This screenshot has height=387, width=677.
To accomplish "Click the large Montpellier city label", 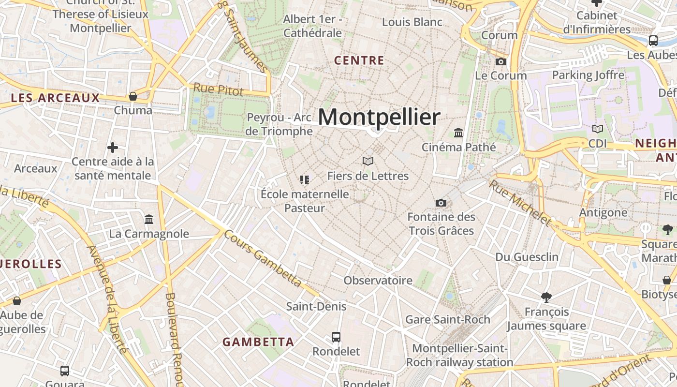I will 379,117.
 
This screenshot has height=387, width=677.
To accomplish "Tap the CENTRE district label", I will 359,61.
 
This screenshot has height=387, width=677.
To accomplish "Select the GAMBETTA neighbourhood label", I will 258,342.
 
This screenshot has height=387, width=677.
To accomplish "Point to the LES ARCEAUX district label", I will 55,98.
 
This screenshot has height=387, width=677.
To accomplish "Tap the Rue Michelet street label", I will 520,203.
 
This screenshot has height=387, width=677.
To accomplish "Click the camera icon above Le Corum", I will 501,61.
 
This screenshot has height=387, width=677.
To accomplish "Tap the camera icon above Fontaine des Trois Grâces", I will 441,203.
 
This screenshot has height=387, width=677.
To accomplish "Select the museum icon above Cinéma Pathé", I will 458,133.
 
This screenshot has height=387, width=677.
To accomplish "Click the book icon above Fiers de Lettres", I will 368,161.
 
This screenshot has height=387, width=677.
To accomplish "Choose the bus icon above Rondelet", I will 336,337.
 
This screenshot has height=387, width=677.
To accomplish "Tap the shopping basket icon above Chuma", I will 133,96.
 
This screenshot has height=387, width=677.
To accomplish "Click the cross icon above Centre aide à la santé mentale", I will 113,147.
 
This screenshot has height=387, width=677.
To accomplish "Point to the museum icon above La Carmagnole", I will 149,220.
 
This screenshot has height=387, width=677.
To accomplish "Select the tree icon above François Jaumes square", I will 546,297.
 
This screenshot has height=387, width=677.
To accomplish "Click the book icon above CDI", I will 598,129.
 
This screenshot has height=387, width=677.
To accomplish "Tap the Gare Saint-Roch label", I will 448,319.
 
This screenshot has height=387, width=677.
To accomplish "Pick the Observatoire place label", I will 378,281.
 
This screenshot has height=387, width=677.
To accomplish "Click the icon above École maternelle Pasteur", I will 305,180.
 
